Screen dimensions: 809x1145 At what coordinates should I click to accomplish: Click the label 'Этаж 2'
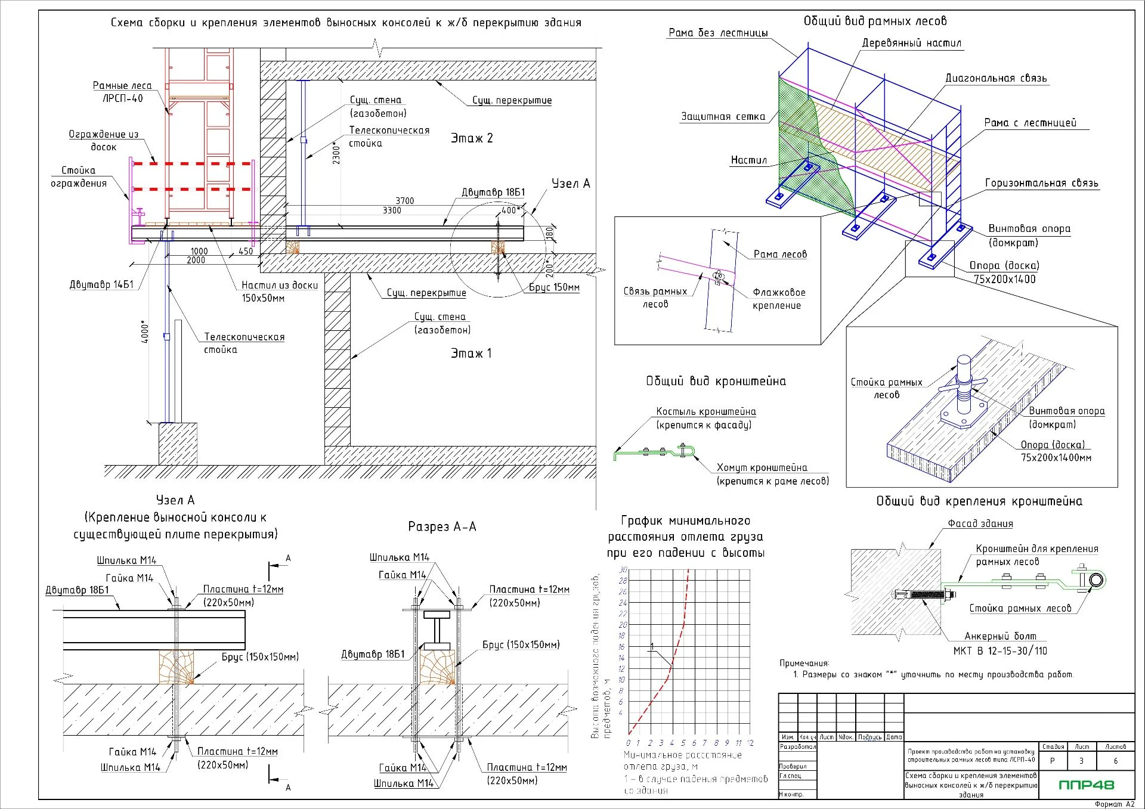(x=472, y=138)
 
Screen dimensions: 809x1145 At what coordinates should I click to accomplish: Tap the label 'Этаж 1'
(x=471, y=354)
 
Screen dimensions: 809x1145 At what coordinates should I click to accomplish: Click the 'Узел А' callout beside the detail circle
(x=570, y=184)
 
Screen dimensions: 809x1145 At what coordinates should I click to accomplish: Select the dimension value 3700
(x=404, y=201)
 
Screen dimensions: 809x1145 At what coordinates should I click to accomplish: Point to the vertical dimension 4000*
(x=145, y=333)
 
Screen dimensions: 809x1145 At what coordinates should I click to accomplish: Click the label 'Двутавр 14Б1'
(x=101, y=284)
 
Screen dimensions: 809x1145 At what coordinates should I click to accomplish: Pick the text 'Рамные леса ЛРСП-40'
(x=122, y=92)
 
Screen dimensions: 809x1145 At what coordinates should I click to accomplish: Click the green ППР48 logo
(x=1086, y=785)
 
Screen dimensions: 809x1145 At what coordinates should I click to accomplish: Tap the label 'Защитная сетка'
(x=723, y=117)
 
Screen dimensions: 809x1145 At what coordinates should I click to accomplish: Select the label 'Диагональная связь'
(x=996, y=78)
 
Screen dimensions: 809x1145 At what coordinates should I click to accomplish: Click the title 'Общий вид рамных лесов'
(x=875, y=21)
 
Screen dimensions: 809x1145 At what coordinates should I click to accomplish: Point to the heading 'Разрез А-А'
(x=442, y=526)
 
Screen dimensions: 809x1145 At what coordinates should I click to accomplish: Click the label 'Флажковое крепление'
(x=778, y=299)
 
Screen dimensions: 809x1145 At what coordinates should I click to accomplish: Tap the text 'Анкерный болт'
(x=1000, y=636)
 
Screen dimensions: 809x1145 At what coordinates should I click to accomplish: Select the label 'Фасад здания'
(x=980, y=524)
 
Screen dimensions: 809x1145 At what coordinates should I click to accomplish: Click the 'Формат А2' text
(x=1114, y=804)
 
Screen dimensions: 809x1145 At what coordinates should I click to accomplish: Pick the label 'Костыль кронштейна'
(x=706, y=411)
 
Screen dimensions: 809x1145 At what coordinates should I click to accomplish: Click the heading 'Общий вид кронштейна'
(x=716, y=382)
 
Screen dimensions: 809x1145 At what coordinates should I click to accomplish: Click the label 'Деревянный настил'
(x=911, y=43)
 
